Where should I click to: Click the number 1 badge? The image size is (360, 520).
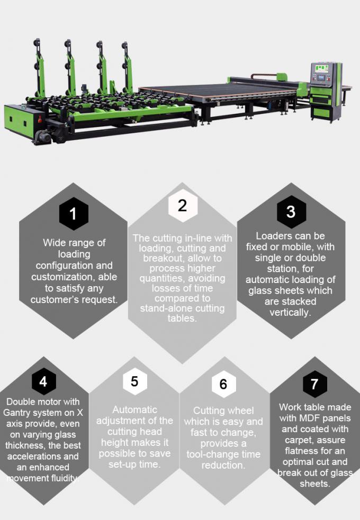point(73,214)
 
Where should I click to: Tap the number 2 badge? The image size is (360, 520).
point(182,205)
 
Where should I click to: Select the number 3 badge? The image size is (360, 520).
point(291,211)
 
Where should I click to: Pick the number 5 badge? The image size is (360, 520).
point(134,381)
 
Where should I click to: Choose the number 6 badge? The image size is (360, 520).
point(223,383)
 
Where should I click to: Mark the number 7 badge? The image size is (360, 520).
point(314,383)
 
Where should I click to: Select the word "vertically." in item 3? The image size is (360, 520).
point(290,312)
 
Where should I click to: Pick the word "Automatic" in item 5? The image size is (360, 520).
point(134,409)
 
